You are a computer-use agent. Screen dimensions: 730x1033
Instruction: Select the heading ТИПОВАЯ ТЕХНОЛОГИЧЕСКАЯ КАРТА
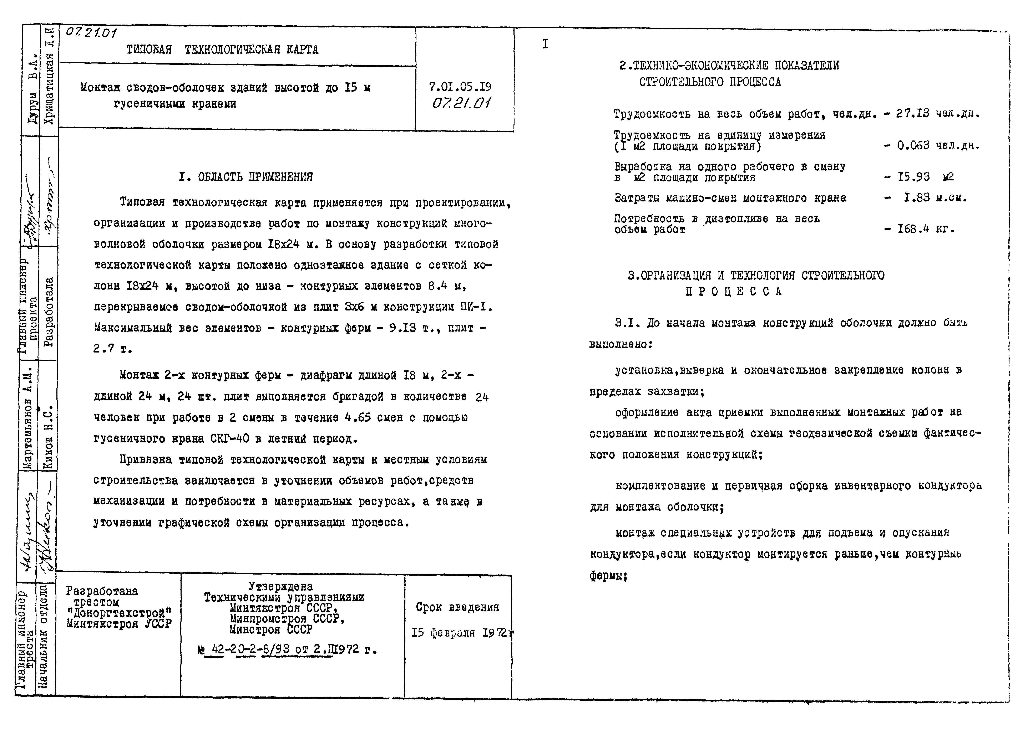(x=222, y=50)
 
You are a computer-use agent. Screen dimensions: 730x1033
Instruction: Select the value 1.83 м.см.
(x=935, y=198)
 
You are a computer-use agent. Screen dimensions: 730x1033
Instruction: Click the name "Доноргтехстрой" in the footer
(x=119, y=613)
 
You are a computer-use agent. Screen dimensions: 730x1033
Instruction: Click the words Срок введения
(x=457, y=607)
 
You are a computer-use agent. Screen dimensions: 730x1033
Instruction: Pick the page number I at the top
(x=545, y=44)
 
